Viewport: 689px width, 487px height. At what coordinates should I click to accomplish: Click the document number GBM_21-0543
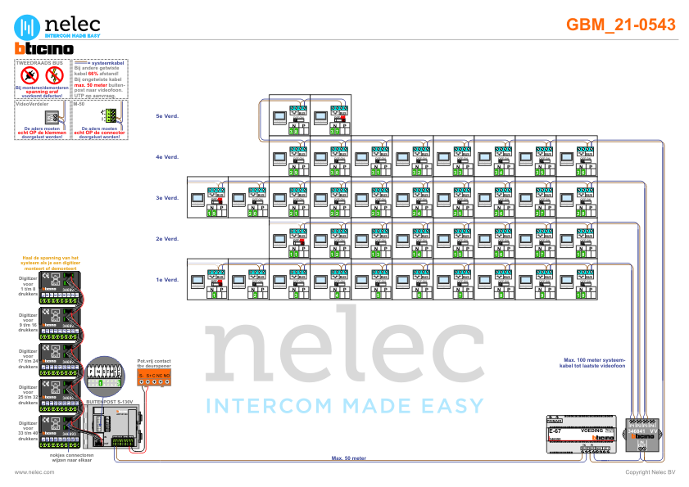621,25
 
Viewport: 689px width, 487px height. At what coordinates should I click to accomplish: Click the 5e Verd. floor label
167,116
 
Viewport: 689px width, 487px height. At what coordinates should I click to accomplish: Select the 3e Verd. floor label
167,198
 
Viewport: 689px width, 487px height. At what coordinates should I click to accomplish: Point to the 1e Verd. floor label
167,280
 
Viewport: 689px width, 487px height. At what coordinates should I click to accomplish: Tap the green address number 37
335,131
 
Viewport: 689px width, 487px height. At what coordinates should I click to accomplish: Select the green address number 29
294,172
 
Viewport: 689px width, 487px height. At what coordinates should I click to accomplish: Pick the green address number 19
212,213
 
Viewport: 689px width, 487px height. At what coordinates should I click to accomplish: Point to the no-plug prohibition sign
30,76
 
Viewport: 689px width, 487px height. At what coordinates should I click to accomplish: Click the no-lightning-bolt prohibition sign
54,76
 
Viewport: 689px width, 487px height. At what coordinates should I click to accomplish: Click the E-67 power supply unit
580,435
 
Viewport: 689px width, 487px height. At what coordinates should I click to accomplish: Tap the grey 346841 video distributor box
644,434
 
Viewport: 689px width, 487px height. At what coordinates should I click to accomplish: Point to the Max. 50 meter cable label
347,458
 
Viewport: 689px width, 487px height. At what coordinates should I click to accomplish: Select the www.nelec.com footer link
34,472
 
